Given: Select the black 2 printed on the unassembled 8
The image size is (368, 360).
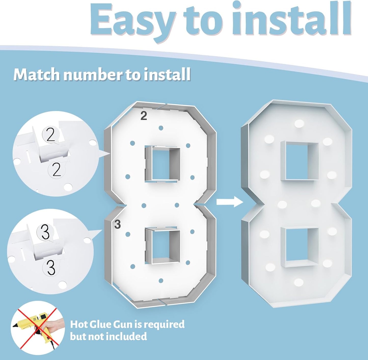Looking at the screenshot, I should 144,116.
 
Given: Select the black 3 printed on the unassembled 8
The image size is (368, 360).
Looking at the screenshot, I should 117,224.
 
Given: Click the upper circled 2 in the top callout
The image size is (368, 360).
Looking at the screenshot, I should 50,135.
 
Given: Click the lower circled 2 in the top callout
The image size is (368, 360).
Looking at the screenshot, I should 57,170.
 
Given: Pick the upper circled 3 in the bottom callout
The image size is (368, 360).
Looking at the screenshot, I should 45,232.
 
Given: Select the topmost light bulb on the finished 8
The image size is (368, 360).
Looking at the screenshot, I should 299,124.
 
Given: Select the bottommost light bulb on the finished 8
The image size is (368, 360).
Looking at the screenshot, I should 298,282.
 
